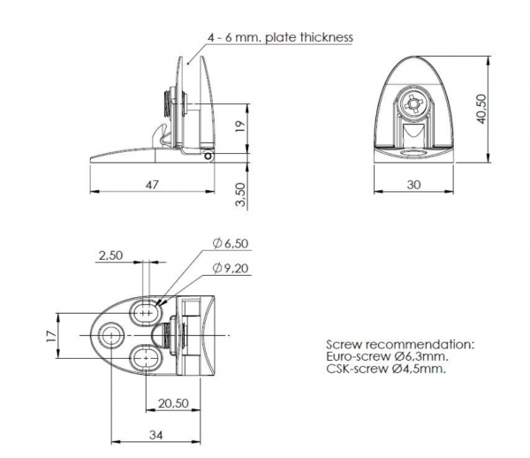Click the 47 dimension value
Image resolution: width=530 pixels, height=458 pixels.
(x=152, y=185)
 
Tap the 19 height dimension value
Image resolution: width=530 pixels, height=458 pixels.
(x=240, y=126)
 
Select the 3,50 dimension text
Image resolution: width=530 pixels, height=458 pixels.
(x=240, y=195)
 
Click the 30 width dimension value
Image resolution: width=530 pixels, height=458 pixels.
(x=413, y=185)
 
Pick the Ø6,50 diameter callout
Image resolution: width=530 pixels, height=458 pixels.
(x=231, y=243)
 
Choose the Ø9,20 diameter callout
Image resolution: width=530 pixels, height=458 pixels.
(x=231, y=268)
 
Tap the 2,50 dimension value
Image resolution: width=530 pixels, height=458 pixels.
(x=110, y=256)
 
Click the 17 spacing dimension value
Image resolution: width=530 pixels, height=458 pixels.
(x=51, y=336)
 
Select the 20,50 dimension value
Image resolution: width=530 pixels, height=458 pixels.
(x=173, y=403)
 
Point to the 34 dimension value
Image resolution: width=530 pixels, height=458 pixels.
(x=155, y=435)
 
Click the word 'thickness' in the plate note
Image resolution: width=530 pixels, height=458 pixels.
(x=327, y=37)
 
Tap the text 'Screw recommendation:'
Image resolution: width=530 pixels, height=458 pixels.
(x=400, y=344)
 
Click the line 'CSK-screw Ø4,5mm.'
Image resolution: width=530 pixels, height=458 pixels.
(x=386, y=369)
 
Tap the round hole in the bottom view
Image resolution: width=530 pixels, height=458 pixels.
(x=110, y=336)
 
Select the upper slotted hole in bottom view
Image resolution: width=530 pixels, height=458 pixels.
(x=146, y=312)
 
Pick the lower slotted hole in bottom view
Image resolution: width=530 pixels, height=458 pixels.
(x=146, y=358)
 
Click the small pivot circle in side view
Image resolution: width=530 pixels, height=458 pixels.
(x=208, y=156)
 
